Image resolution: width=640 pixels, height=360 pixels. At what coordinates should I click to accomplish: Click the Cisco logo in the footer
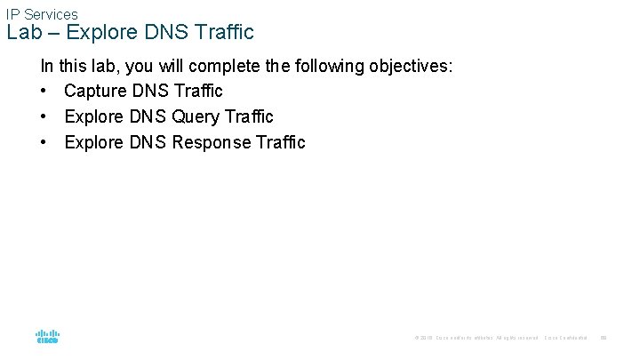(47, 337)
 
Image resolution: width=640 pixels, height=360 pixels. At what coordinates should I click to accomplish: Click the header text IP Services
(42, 14)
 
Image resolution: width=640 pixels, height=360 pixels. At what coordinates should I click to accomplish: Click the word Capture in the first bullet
(93, 91)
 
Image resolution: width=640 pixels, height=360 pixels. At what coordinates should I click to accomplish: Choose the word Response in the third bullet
(211, 142)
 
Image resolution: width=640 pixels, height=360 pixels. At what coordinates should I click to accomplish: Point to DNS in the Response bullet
(148, 142)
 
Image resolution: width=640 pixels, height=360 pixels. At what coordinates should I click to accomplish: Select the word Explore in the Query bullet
(93, 116)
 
